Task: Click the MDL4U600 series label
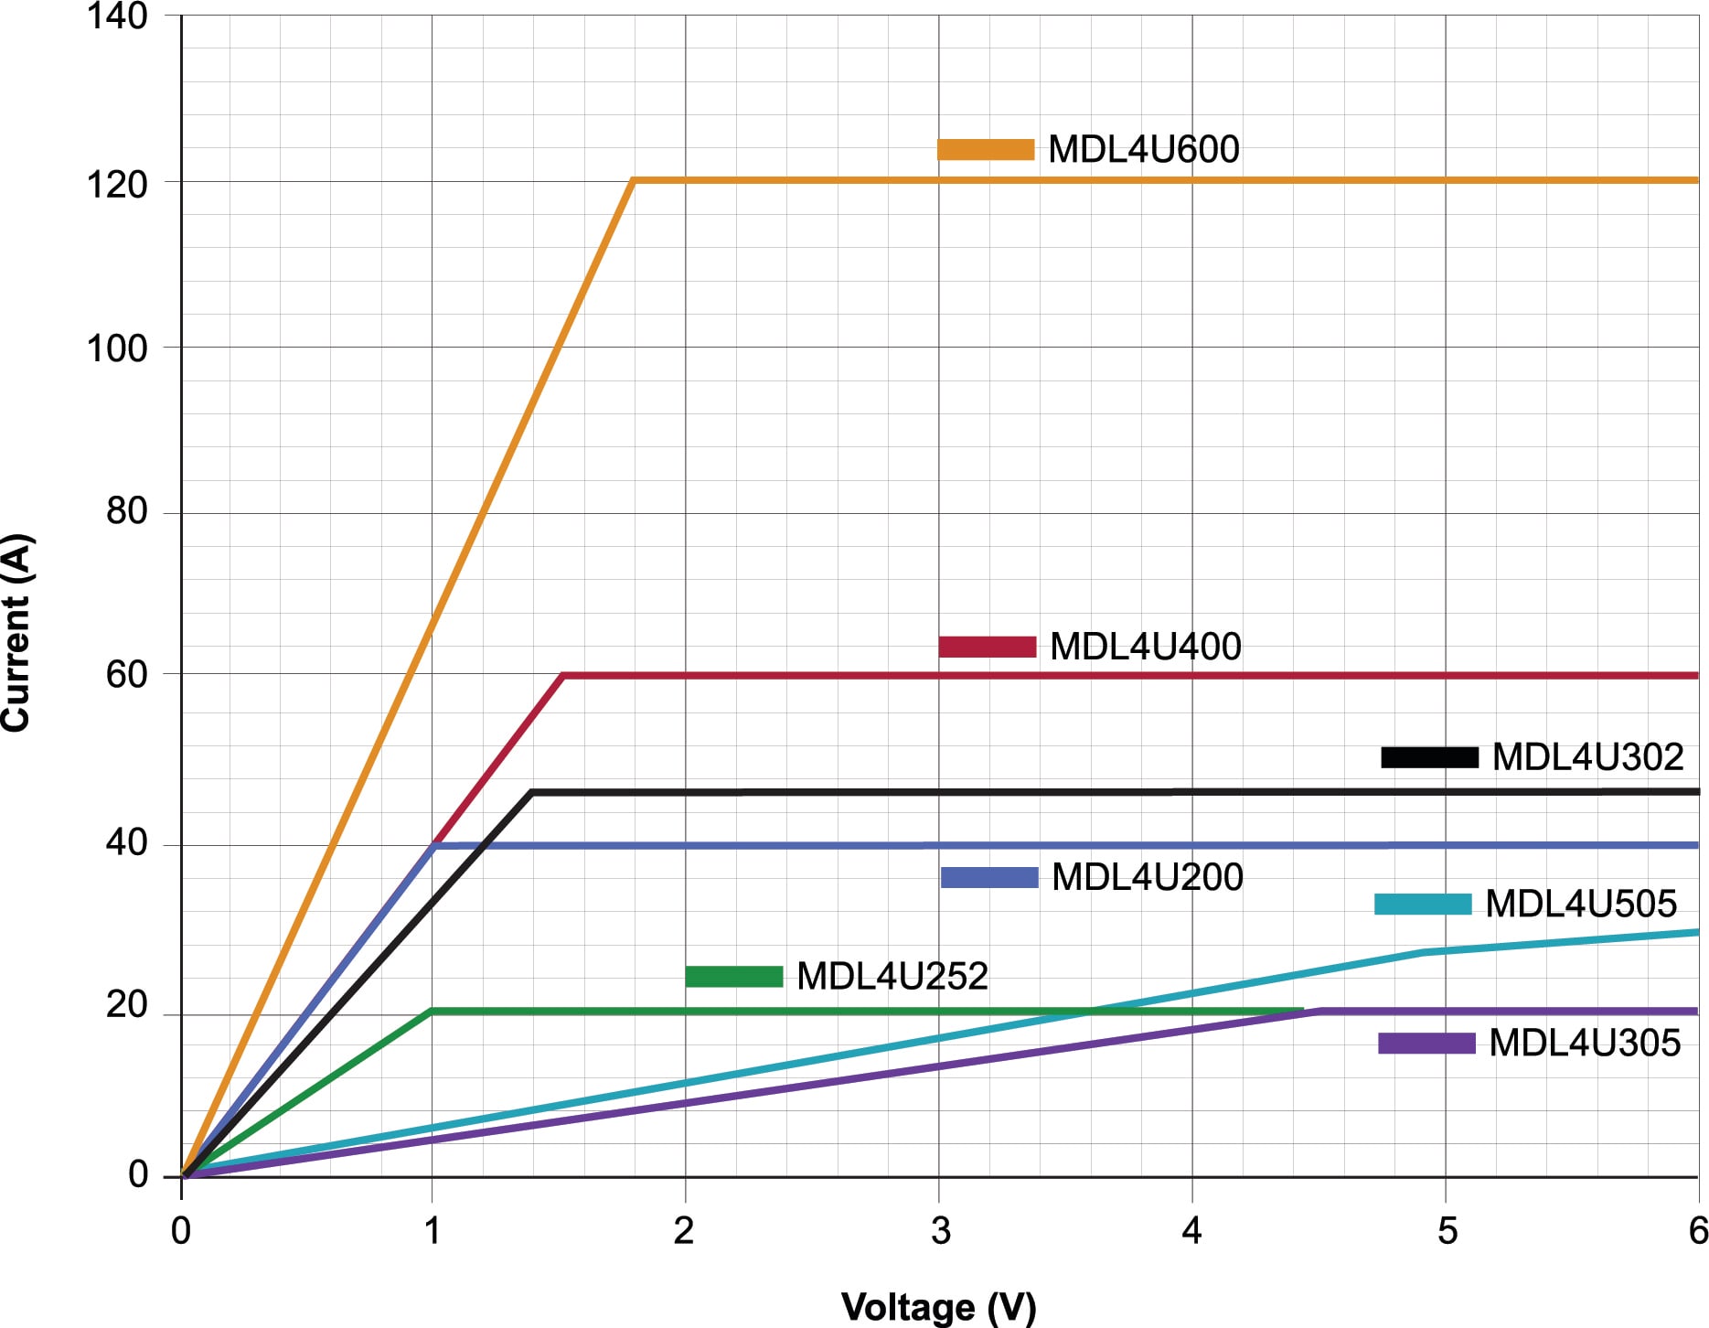[1143, 150]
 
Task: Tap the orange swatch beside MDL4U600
[986, 150]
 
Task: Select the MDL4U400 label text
[1145, 647]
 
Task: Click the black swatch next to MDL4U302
[1429, 757]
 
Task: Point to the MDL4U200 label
[1147, 877]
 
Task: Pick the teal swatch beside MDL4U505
[1423, 905]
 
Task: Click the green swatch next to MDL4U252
[734, 977]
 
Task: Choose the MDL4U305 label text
[1584, 1044]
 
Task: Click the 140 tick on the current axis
[117, 16]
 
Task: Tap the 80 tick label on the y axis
[126, 511]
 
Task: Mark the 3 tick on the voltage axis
[940, 1231]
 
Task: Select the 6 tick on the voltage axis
[1697, 1231]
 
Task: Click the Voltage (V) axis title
[938, 1307]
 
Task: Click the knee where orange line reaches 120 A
[633, 180]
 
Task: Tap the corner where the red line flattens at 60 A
[564, 676]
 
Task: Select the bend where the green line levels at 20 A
[433, 1012]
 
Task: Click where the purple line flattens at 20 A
[1319, 1012]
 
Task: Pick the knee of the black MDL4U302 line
[532, 792]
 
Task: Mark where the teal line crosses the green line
[1090, 1012]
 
